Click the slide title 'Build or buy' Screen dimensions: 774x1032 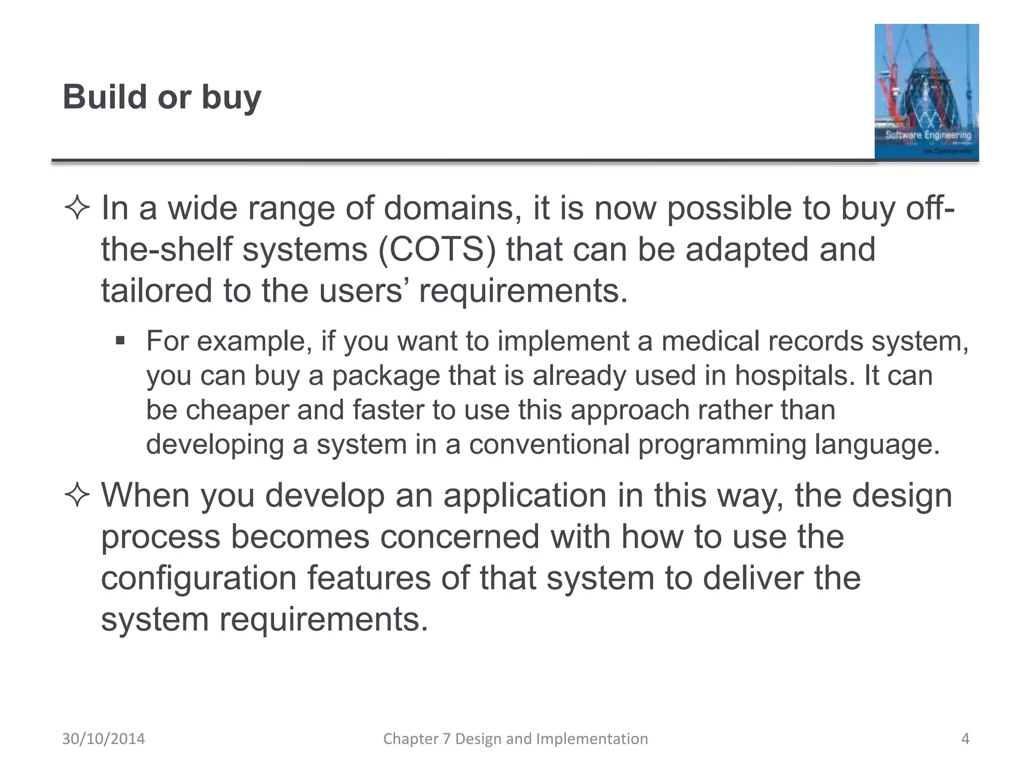click(162, 97)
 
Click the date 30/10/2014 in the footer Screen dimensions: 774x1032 click(103, 739)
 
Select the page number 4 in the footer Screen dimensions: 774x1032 click(965, 739)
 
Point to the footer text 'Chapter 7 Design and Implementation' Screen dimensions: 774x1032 click(515, 739)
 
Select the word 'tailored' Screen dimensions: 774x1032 click(156, 291)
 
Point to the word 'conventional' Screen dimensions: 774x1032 click(549, 444)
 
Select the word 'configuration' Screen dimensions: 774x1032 click(199, 578)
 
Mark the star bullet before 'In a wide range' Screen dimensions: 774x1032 click(77, 209)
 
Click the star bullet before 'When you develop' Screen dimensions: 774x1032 click(77, 496)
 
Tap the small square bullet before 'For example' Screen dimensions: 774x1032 click(119, 341)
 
